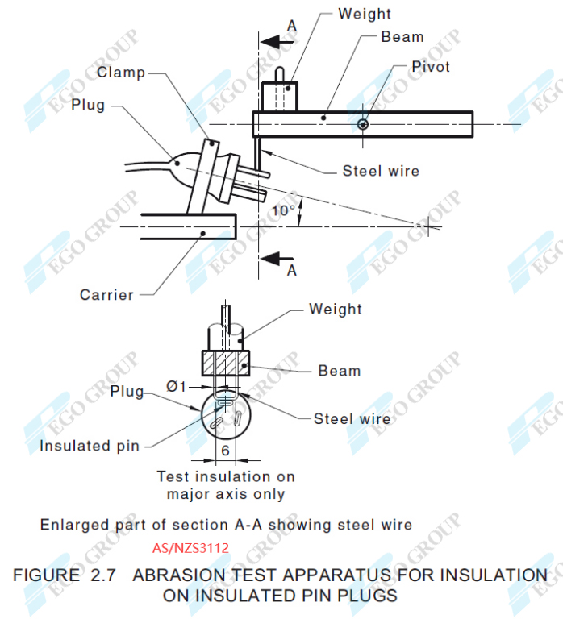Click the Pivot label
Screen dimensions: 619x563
point(431,66)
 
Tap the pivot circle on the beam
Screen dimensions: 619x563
point(364,124)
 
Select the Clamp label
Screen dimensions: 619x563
point(121,73)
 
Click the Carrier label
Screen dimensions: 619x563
point(106,294)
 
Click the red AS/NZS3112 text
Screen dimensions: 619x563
point(191,548)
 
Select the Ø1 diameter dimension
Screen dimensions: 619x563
point(176,387)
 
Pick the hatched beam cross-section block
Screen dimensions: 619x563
point(225,364)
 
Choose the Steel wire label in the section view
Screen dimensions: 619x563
point(352,418)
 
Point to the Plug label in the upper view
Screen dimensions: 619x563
point(88,105)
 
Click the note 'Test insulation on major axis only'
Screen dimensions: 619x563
point(226,485)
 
